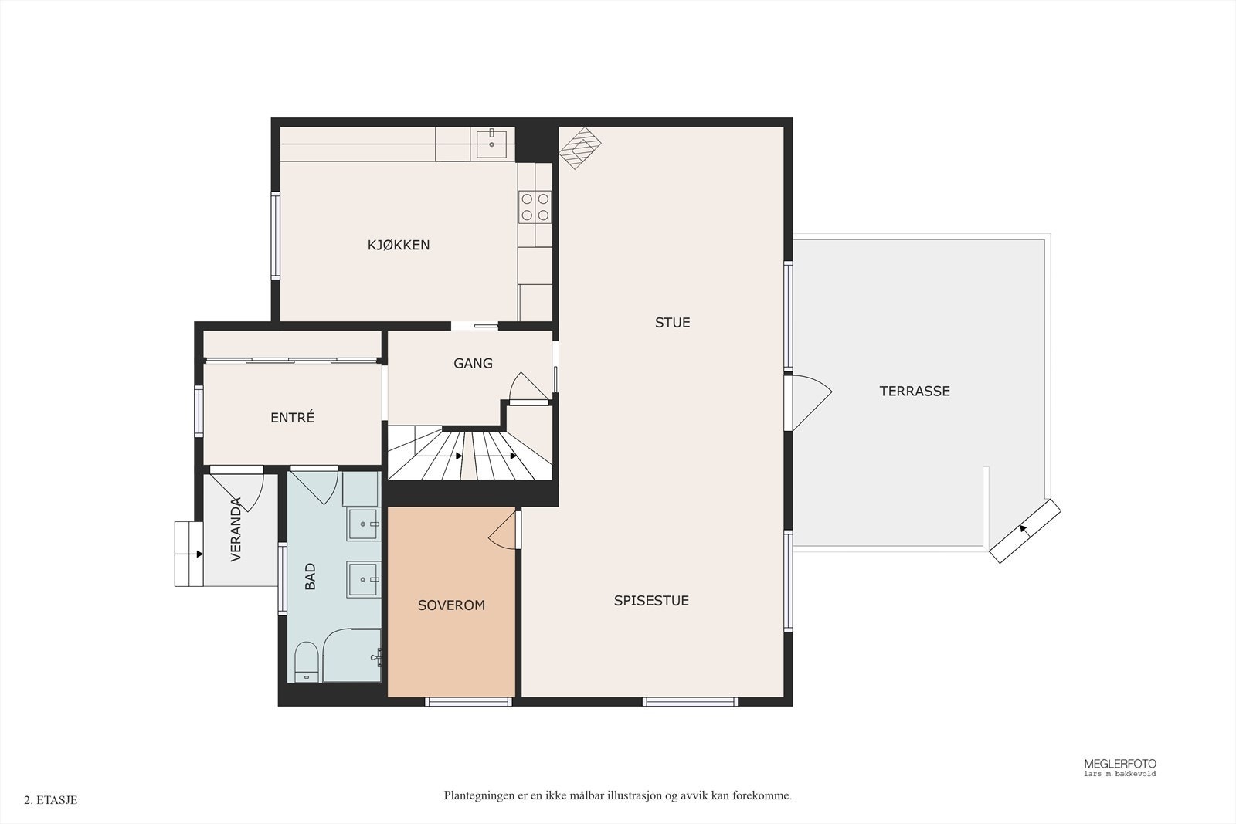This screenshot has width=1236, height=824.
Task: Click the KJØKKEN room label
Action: pyautogui.click(x=399, y=245)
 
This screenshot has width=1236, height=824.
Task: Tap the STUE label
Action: pyautogui.click(x=672, y=323)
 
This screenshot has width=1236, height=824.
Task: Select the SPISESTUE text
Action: pyautogui.click(x=651, y=601)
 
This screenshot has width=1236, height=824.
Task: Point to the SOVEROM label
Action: pyautogui.click(x=451, y=605)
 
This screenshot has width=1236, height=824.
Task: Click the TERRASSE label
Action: pyautogui.click(x=915, y=391)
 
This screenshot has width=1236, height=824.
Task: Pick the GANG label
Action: pyautogui.click(x=473, y=363)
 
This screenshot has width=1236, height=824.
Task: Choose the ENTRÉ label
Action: pyautogui.click(x=293, y=418)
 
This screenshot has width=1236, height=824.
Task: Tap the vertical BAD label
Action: pyautogui.click(x=310, y=576)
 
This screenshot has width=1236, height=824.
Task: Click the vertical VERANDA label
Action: pyautogui.click(x=236, y=530)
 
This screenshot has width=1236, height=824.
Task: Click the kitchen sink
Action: pyautogui.click(x=491, y=144)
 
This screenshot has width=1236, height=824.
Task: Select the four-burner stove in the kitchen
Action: pyautogui.click(x=535, y=207)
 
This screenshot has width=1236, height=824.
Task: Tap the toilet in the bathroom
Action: pyautogui.click(x=305, y=662)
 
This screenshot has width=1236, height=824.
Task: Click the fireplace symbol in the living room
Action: pyautogui.click(x=580, y=148)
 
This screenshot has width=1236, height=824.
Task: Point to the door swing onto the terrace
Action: pyautogui.click(x=812, y=402)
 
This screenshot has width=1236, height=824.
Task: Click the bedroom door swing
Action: pyautogui.click(x=503, y=530)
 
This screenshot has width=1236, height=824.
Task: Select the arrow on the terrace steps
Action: pyautogui.click(x=1024, y=530)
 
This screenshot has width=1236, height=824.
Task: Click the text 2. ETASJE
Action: pyautogui.click(x=51, y=800)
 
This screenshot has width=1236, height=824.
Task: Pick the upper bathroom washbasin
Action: pyautogui.click(x=363, y=524)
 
